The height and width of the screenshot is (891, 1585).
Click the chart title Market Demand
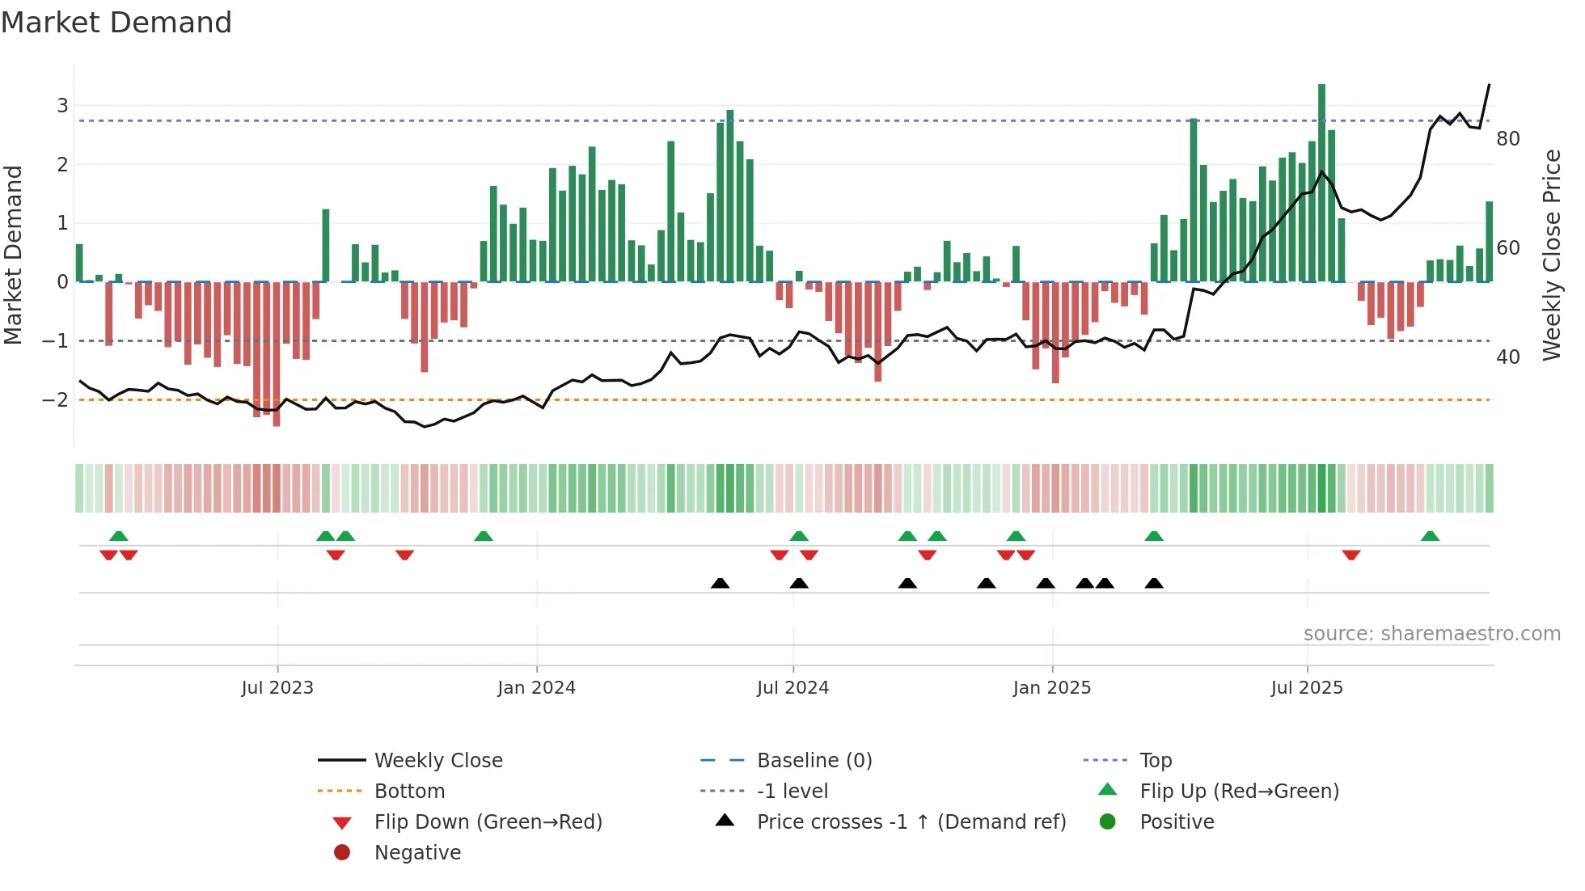coord(116,23)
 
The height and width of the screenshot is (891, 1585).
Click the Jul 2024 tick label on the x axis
coord(792,688)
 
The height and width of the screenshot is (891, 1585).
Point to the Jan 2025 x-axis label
coord(1051,688)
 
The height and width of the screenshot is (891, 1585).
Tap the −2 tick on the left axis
coord(55,400)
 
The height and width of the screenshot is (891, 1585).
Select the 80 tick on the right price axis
coord(1507,139)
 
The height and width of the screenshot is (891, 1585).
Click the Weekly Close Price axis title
coord(1551,255)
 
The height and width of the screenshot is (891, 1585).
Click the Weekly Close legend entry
coord(437,761)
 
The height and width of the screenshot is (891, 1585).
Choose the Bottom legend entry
coord(409,792)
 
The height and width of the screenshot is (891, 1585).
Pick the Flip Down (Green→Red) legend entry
coord(488,822)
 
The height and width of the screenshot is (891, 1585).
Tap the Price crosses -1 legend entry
coord(911,822)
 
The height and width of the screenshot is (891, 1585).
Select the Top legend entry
coord(1156,761)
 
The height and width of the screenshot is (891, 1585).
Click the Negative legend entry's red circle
coord(342,853)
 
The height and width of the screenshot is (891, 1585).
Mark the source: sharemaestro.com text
coord(1431,634)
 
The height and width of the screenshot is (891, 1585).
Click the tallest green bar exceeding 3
coord(1321,182)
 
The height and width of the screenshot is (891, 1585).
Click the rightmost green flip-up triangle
coord(1430,537)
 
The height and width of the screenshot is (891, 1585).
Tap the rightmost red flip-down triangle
coord(1350,555)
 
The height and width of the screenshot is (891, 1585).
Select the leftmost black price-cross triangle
coord(720,584)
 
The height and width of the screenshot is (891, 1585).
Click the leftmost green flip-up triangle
coord(119,537)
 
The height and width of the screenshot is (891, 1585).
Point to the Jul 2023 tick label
coord(277,688)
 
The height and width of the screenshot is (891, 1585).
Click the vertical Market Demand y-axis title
coord(13,255)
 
